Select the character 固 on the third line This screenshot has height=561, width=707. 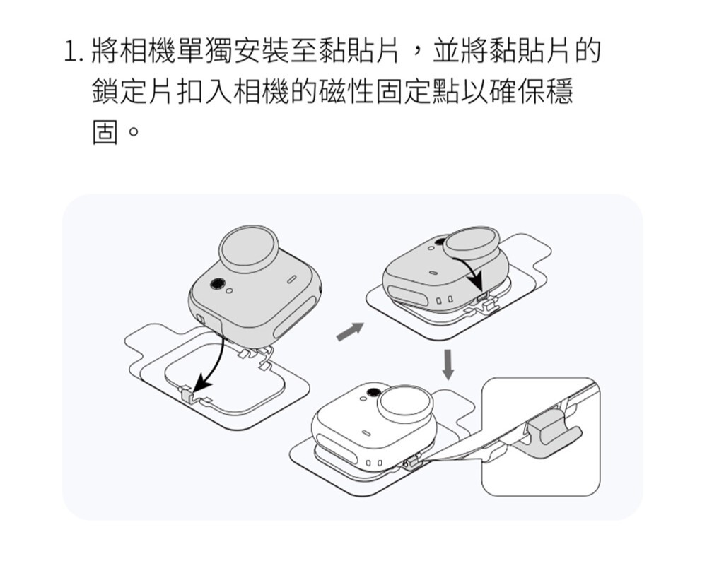point(105,133)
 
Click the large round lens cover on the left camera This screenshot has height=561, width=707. point(250,250)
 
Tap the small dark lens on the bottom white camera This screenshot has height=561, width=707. point(372,392)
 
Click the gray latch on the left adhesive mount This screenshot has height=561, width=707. point(185,393)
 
